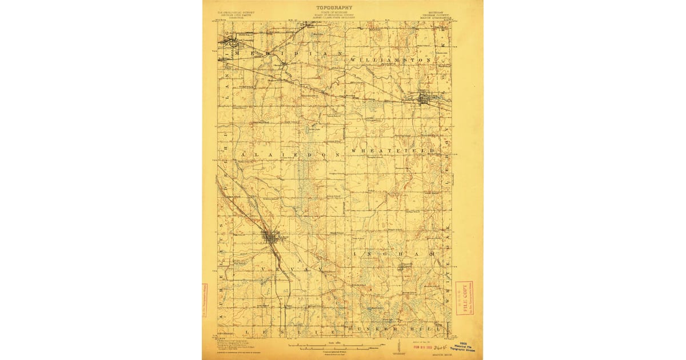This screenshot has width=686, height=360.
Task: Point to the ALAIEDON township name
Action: click(291, 155)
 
